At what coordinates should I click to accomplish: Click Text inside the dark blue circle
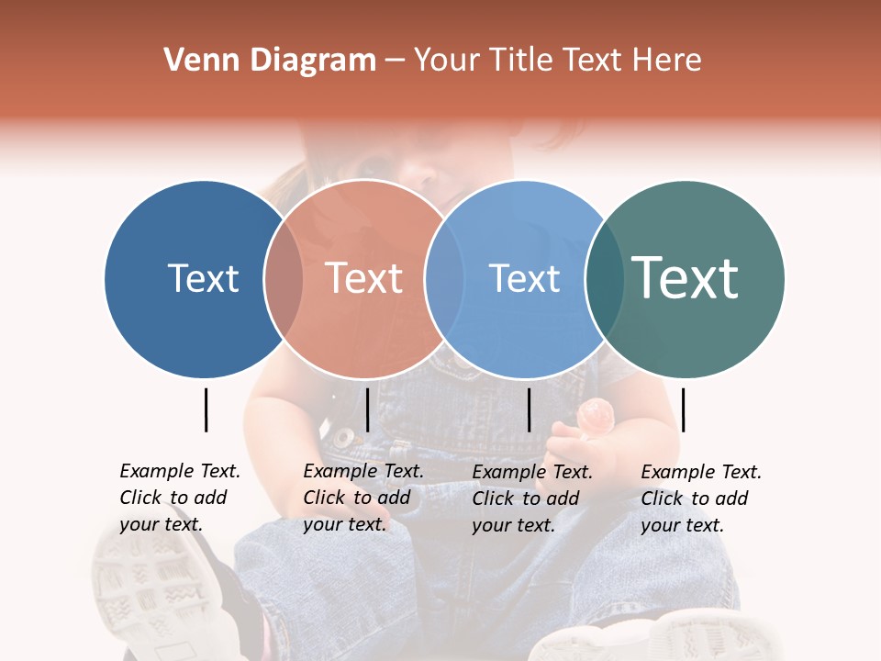pos(203,278)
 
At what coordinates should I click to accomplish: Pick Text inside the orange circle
pos(364,278)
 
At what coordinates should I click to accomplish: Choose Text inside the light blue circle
pos(524,278)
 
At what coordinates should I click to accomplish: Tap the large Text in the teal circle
pos(686,278)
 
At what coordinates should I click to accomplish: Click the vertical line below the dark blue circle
pos(206,409)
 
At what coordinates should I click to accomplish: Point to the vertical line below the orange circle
pos(367,409)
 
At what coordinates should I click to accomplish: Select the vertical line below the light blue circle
pos(529,409)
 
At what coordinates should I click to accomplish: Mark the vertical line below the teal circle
pos(683,409)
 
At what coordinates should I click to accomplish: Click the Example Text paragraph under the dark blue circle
pos(180,498)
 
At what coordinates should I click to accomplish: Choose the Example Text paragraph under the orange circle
pos(363,498)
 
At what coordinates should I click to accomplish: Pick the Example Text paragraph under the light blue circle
pos(532,499)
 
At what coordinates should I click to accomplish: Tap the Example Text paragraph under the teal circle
pos(701,499)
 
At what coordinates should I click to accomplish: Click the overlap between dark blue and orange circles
pos(284,278)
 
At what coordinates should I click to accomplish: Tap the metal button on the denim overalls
pos(343,436)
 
